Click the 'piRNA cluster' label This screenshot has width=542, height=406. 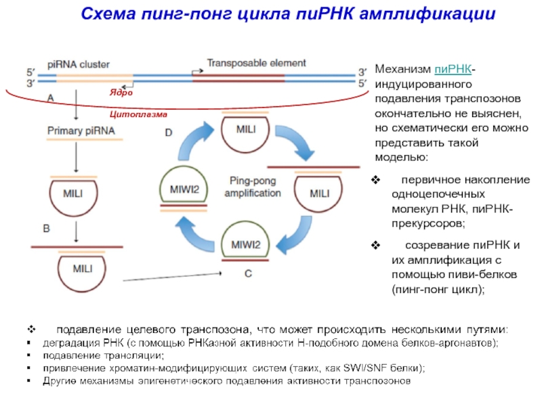[79, 64]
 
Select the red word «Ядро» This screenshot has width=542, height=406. [121, 93]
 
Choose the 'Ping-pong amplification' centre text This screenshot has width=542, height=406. [255, 187]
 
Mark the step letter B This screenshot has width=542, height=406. [47, 229]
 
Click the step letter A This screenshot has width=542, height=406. [49, 98]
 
